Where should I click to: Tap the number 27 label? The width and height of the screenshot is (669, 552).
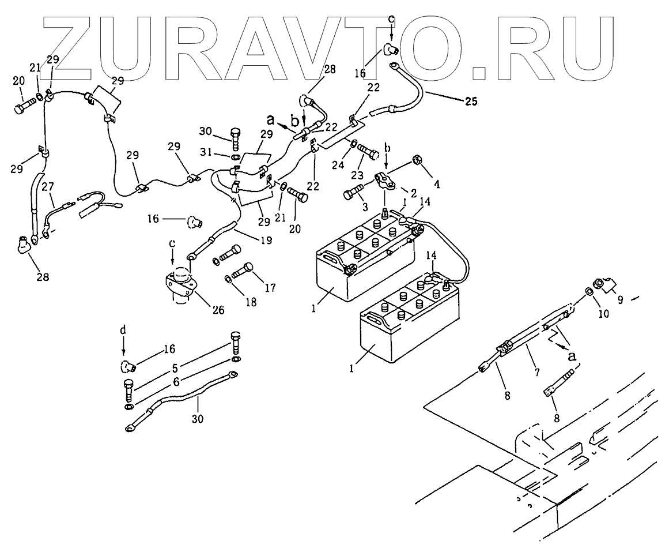(x=48, y=187)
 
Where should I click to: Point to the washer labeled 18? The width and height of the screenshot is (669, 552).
(x=228, y=280)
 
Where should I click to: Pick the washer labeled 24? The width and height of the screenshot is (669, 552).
(x=352, y=144)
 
